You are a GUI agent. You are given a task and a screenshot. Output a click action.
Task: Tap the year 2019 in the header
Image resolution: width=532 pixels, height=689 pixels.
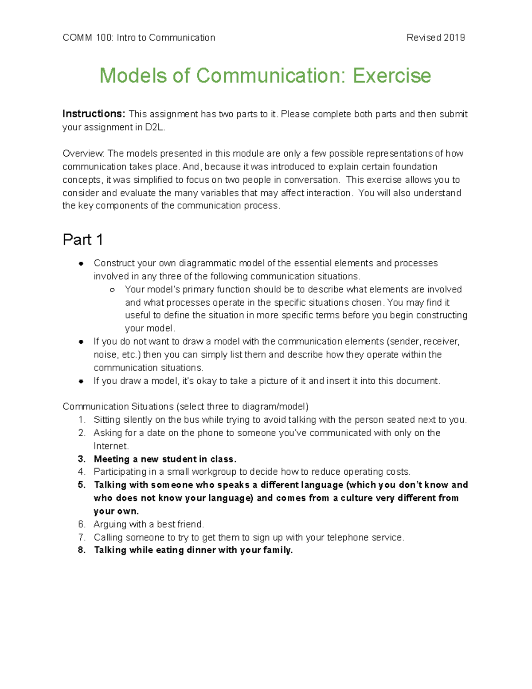(x=454, y=38)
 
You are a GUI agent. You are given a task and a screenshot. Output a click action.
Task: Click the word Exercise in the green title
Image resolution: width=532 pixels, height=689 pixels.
(x=391, y=75)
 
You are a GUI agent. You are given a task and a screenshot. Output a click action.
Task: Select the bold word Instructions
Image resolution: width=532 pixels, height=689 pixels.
(x=94, y=114)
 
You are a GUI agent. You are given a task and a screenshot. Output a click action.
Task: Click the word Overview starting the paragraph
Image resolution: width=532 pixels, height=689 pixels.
(x=83, y=154)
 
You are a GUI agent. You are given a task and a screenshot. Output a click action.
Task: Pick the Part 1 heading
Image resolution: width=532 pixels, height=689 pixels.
(x=83, y=240)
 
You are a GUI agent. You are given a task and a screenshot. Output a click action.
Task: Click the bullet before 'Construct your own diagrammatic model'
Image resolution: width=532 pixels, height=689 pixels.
(x=81, y=264)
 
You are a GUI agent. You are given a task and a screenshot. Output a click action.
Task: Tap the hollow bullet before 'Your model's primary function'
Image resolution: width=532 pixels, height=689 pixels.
(x=112, y=290)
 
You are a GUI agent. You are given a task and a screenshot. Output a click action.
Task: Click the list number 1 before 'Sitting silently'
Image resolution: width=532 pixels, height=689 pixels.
(x=81, y=420)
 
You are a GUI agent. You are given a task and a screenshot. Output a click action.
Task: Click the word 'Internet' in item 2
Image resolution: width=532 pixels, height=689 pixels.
(x=110, y=446)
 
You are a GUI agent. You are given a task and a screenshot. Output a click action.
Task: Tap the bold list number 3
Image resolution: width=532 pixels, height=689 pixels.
(x=81, y=459)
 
